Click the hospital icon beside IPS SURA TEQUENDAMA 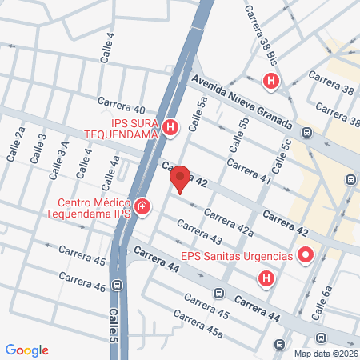(170, 127)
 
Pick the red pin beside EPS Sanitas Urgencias (306, 256)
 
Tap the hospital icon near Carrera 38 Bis (272, 81)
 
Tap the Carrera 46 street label (82, 282)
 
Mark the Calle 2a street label (16, 144)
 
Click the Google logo (27, 350)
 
